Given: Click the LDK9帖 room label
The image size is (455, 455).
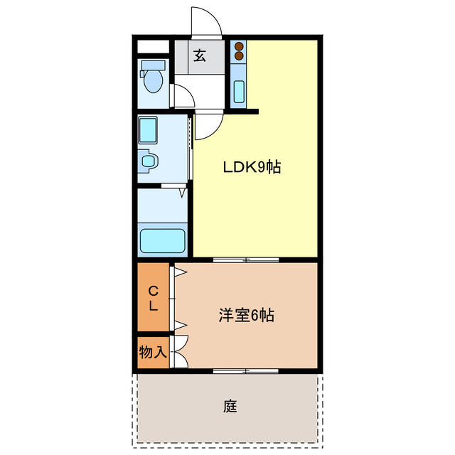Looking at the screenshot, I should point(252,168).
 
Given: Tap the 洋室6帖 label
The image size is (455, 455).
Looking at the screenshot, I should point(246,315).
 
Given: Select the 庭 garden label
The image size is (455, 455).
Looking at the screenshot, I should point(230,407).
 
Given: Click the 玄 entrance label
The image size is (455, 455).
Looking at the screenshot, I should point(200,55).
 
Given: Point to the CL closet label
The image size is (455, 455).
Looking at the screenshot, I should point(153,299).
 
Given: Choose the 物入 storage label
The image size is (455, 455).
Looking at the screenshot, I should point(153,352).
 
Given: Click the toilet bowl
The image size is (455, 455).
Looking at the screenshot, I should point(152,80).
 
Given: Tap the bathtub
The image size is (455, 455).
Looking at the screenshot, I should point(163,240).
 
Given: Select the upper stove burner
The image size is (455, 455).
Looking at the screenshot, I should point(239,47).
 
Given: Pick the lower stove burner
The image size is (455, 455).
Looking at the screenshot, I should point(239,56).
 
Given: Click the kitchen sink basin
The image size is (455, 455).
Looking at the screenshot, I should point(239,92).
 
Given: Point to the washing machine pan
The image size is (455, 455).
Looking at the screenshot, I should point(151,130).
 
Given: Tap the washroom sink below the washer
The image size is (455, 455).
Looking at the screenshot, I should point(148,161).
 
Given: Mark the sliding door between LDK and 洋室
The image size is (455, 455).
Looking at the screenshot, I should point(246,260).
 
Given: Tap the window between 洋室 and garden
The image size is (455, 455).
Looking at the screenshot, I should point(246,370).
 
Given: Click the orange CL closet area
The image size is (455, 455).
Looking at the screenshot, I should point(153,313).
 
